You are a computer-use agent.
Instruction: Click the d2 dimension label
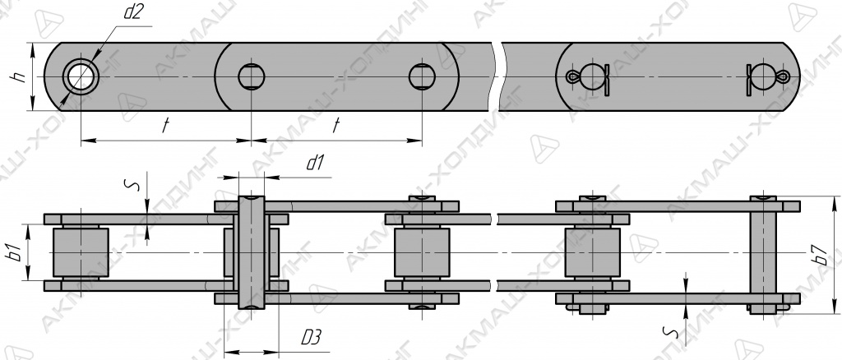coord(132,12)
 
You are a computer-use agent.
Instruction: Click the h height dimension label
coord(20,76)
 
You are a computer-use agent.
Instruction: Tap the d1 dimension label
coord(315,163)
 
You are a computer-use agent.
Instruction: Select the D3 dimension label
coord(312,338)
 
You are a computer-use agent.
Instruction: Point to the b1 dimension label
coord(16,252)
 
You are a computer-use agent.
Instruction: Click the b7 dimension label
coord(821,255)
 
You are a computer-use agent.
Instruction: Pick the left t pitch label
coord(165,126)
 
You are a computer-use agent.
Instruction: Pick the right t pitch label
coord(336,126)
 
